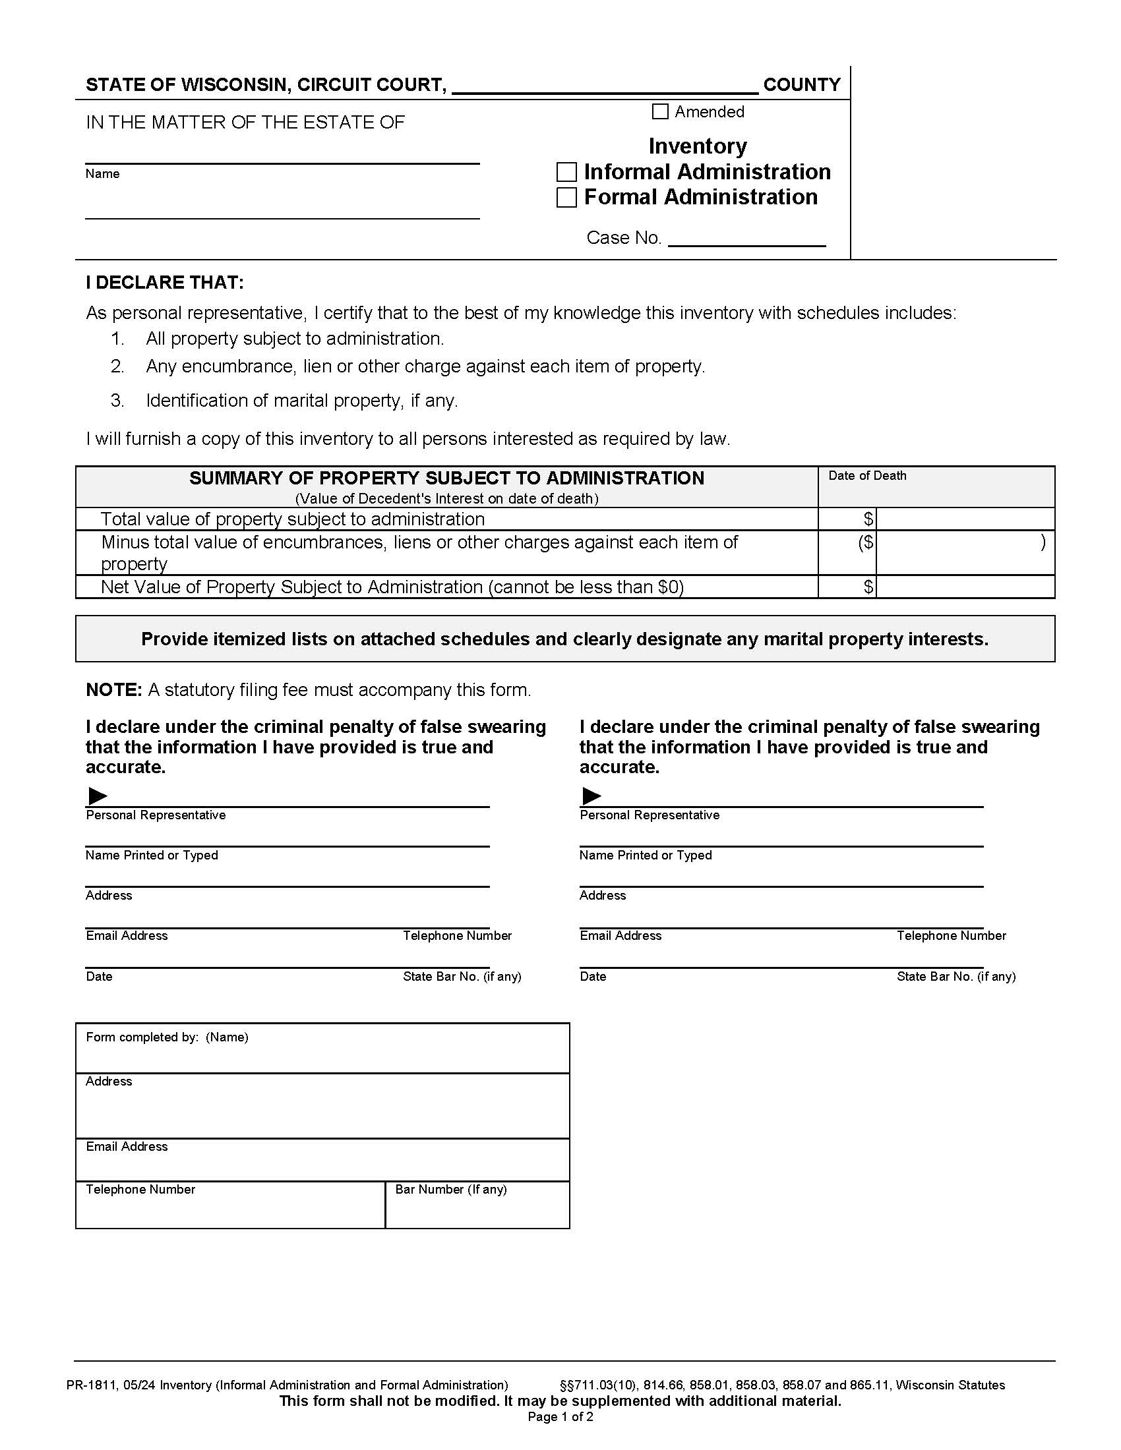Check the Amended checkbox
point(659,111)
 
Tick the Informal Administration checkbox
point(566,172)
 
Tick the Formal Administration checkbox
point(566,197)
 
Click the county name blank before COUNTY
point(604,85)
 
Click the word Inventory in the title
point(697,146)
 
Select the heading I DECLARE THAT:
point(165,283)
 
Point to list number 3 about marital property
point(117,400)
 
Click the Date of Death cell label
point(866,476)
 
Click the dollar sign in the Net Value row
point(868,586)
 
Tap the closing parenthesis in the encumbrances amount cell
point(1043,542)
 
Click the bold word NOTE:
point(113,690)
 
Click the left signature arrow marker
point(98,796)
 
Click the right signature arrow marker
point(591,796)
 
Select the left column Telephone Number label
point(457,935)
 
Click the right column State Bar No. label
point(955,976)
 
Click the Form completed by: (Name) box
point(322,1049)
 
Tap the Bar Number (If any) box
point(477,1204)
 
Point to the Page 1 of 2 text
point(560,1417)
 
